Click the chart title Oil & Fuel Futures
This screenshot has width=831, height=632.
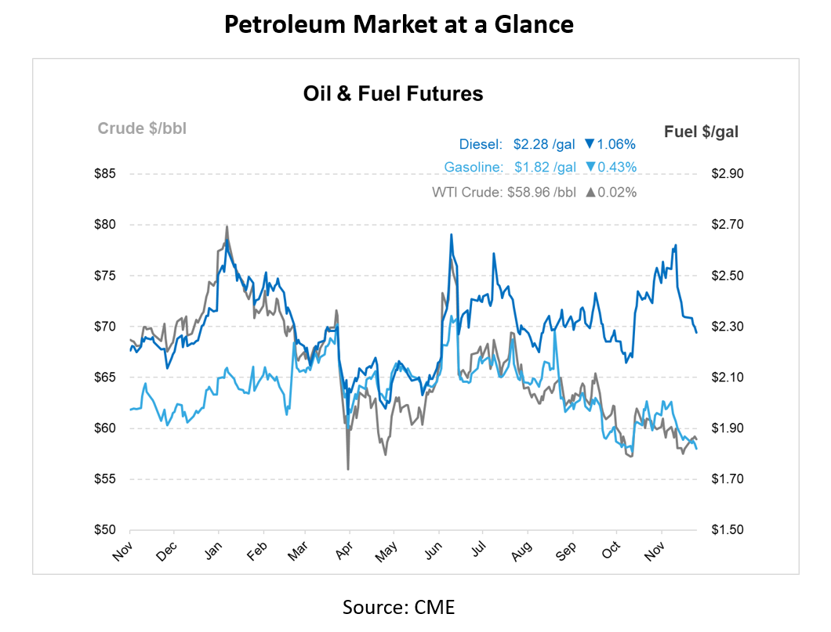[x=393, y=94]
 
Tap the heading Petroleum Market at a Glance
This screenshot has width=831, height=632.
[x=399, y=24]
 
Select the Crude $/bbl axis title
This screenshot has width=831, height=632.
[x=141, y=128]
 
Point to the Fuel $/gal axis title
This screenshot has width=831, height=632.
[x=701, y=132]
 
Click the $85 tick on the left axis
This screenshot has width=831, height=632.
[x=104, y=174]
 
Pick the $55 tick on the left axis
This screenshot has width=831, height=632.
[x=104, y=479]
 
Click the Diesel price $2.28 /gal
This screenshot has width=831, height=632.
[x=544, y=144]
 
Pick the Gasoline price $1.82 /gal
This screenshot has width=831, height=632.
[x=545, y=167]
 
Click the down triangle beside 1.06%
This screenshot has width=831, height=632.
[x=590, y=144]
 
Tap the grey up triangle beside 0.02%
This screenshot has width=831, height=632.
[x=590, y=191]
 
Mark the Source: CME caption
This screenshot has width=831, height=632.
[x=399, y=607]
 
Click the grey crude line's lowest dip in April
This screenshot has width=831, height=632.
[x=348, y=468]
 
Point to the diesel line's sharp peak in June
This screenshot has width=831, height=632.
[x=451, y=235]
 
